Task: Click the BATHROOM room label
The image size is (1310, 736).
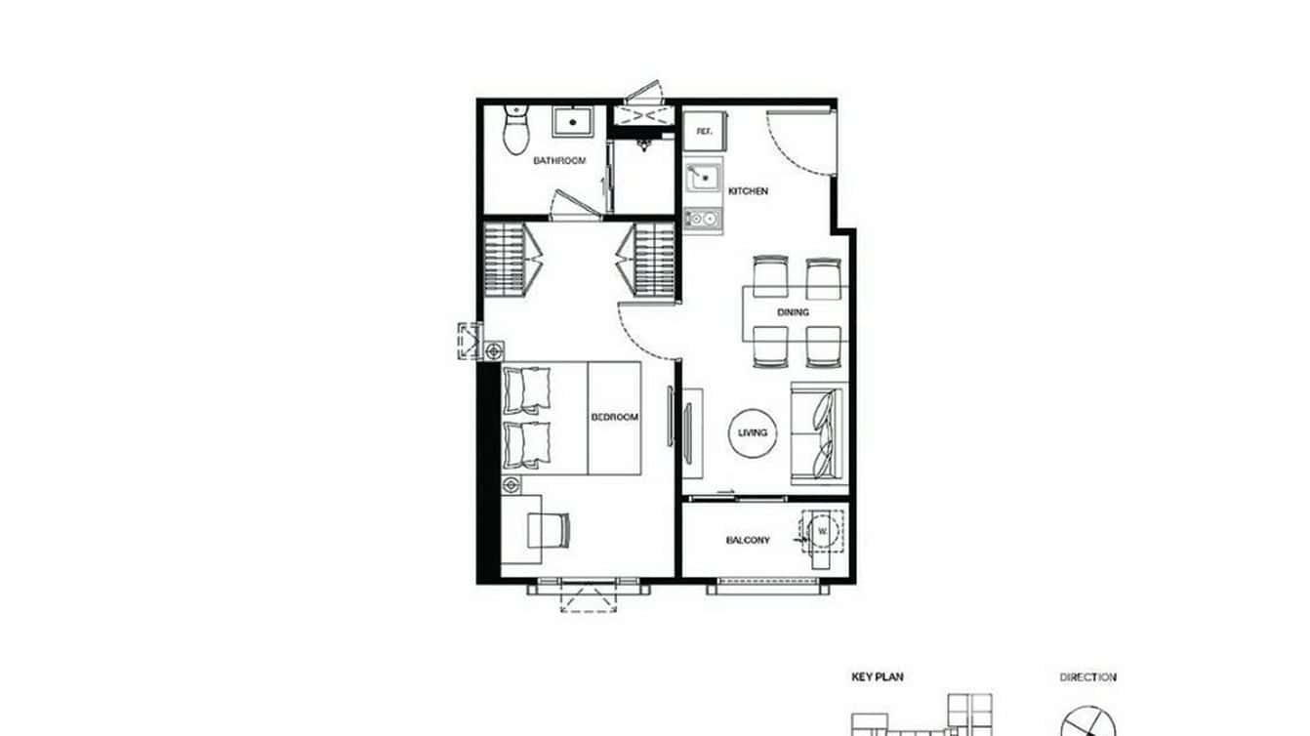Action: [558, 160]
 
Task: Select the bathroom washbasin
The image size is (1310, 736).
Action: [567, 123]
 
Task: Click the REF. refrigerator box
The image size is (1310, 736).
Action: [703, 131]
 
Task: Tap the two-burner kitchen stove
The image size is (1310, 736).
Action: [702, 219]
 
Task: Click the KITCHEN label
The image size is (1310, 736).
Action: [748, 191]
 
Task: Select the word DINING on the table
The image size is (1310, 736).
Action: [792, 312]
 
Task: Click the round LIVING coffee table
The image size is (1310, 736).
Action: [753, 432]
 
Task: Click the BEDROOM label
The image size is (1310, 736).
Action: [614, 417]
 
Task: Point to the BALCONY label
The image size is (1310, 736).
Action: [748, 540]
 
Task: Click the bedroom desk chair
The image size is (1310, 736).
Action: [549, 530]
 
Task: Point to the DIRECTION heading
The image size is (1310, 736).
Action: [1087, 676]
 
